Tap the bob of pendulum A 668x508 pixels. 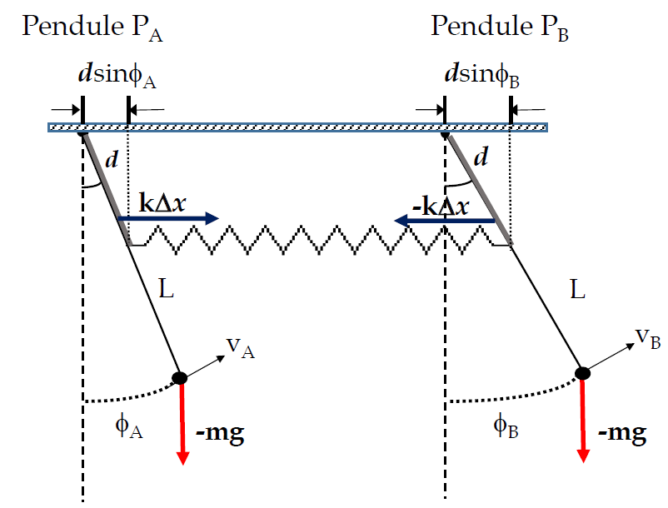tap(179, 377)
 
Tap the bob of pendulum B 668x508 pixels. tap(583, 373)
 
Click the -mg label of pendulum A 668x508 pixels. tap(219, 433)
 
